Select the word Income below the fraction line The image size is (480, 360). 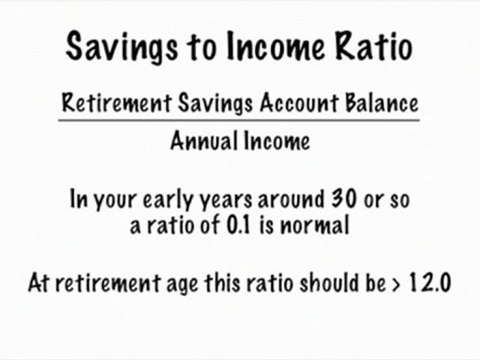274,140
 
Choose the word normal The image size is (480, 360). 314,226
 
